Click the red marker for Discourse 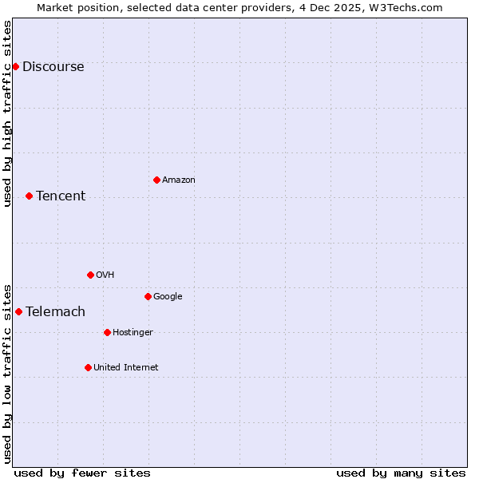15,66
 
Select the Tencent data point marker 29,196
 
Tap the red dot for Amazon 156,180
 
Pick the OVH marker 90,275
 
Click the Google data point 148,296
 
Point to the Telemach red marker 18,311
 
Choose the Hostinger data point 107,332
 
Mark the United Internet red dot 88,367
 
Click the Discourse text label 53,67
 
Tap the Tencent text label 61,196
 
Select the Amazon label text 179,180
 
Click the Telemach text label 55,312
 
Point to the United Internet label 126,368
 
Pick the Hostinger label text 133,333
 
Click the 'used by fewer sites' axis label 82,473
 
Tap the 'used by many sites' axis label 401,473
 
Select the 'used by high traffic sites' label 8,113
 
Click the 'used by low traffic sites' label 8,373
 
